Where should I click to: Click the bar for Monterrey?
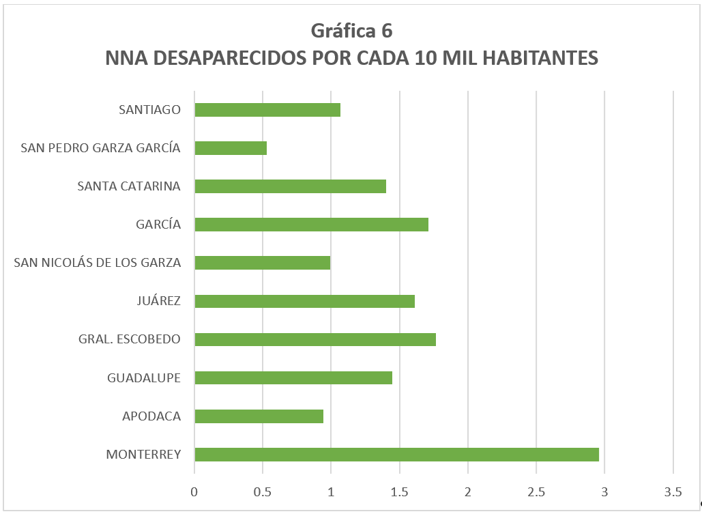[396, 455]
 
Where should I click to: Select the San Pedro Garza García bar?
[231, 148]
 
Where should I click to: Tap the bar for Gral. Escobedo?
[315, 339]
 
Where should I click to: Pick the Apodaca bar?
[259, 416]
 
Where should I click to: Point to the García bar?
[311, 225]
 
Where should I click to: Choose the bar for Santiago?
[267, 110]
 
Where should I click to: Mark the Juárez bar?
[304, 301]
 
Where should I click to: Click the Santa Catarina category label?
[129, 186]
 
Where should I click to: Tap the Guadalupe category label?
[144, 377]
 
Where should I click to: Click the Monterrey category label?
[143, 455]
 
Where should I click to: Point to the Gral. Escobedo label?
[130, 339]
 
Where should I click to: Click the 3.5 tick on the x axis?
[673, 491]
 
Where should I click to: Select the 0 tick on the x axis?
[194, 491]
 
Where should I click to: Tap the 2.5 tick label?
[536, 491]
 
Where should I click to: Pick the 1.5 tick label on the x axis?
[399, 491]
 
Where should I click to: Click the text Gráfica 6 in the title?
[351, 31]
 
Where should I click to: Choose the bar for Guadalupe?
[293, 377]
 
